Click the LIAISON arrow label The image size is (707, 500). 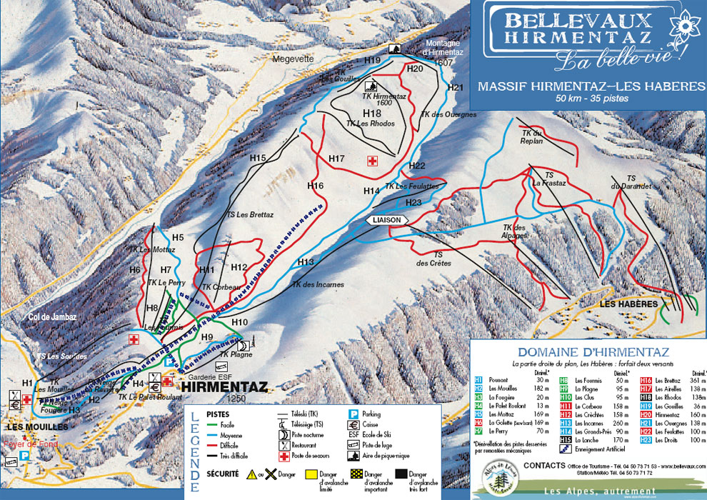pos(386,220)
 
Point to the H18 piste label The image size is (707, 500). pos(372,114)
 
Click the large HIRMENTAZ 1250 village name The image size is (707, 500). pos(224,387)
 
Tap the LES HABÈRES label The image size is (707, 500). pos(629,304)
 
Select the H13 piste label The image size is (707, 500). pos(306,261)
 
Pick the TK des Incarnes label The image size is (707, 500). pos(317,284)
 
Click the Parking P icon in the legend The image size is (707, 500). pos(353,414)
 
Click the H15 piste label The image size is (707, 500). pos(258,157)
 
